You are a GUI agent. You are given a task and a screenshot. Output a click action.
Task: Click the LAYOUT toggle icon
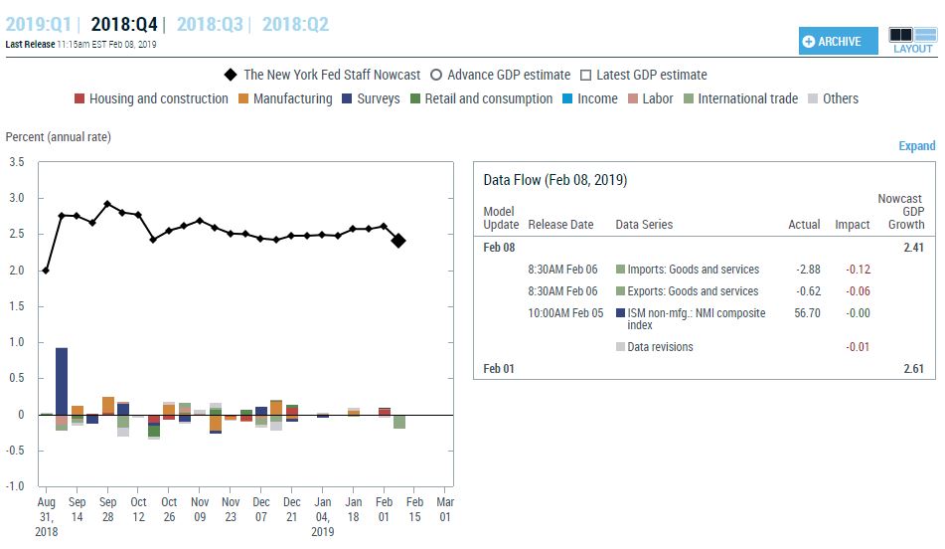coord(912,40)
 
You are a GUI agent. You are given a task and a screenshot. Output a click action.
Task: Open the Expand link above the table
coord(916,146)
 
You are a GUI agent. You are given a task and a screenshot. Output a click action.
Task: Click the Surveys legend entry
coord(371,98)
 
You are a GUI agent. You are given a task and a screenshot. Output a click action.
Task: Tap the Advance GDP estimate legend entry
coord(501,75)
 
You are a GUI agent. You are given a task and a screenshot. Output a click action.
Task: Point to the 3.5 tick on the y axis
coord(17,162)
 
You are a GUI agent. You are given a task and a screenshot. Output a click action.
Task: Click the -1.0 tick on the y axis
coord(15,486)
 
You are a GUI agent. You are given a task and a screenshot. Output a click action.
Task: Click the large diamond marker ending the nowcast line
coord(398,240)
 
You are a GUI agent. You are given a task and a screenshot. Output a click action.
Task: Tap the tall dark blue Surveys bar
coord(62,381)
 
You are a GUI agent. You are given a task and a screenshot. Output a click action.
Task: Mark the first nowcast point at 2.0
coord(46,271)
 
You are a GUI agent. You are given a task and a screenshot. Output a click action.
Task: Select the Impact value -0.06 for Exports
coord(857,291)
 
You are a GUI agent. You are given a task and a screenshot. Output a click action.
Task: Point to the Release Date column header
coord(560,225)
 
